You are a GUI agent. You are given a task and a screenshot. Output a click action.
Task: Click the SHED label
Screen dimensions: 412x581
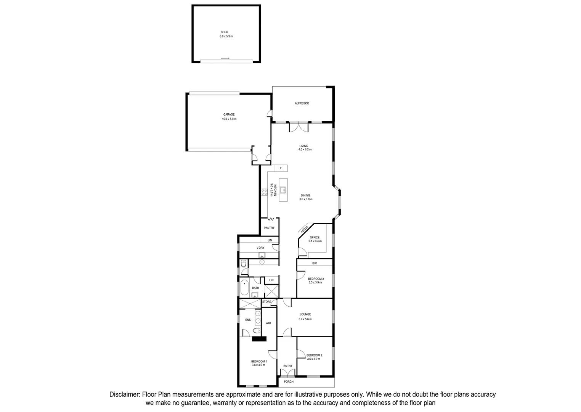click(x=224, y=32)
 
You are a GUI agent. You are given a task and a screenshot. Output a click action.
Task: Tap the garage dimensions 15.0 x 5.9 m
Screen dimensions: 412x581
click(x=229, y=119)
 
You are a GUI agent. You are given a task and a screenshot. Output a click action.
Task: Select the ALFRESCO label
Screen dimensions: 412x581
click(x=302, y=103)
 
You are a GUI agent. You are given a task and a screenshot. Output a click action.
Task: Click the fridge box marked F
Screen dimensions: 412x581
click(x=281, y=168)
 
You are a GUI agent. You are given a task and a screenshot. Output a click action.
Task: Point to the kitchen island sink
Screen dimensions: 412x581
click(x=283, y=190)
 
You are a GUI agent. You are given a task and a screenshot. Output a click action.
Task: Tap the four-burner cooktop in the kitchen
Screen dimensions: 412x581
click(x=264, y=192)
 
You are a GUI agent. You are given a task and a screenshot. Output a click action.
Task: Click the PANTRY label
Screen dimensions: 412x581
click(x=269, y=228)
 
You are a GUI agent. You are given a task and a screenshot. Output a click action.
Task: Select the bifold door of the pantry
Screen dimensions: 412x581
click(x=271, y=219)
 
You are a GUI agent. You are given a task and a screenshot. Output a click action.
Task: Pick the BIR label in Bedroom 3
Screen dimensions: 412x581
click(x=315, y=263)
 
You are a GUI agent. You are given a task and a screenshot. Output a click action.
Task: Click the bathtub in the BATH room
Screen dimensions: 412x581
click(x=244, y=288)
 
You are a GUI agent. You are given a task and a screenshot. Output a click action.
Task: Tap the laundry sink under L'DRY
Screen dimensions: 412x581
click(x=262, y=256)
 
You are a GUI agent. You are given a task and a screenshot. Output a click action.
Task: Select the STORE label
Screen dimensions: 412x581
click(x=267, y=302)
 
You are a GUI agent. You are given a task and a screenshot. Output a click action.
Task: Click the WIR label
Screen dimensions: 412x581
click(x=268, y=323)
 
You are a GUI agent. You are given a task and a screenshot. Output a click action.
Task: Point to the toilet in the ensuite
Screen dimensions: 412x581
click(x=257, y=330)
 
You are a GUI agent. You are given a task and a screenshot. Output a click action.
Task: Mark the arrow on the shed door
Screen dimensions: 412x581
click(x=225, y=58)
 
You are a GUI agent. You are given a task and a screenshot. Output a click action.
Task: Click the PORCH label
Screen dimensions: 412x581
click(x=289, y=382)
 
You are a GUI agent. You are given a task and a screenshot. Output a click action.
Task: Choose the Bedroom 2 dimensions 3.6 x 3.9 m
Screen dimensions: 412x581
click(x=315, y=359)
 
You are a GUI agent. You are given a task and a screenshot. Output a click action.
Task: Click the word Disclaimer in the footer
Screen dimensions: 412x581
click(x=125, y=394)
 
